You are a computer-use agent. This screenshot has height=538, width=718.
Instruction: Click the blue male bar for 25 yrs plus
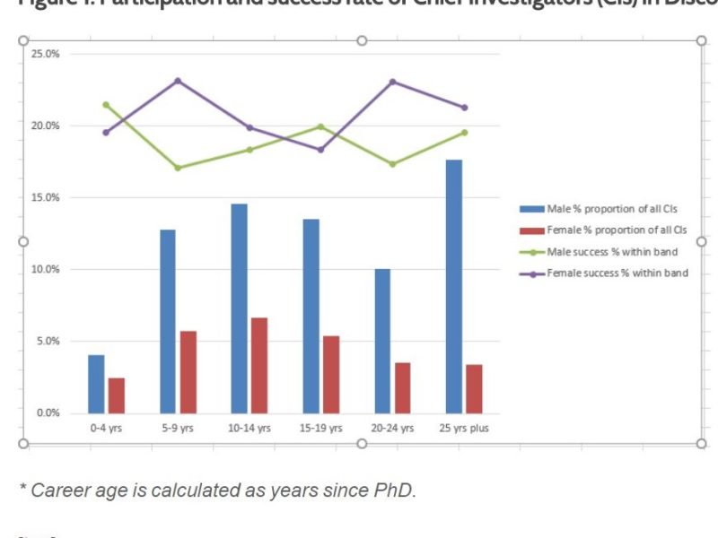click(x=454, y=286)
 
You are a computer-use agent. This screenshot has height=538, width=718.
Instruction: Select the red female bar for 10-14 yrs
click(x=259, y=365)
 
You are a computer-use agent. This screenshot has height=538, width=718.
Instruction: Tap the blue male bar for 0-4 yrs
click(x=96, y=384)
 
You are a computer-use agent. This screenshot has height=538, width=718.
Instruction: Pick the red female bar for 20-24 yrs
click(x=403, y=387)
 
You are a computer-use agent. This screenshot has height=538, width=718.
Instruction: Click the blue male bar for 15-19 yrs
click(x=311, y=316)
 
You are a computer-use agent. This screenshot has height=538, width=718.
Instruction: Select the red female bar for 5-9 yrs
click(x=188, y=371)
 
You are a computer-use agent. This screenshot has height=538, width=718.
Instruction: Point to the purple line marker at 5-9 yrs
click(x=178, y=81)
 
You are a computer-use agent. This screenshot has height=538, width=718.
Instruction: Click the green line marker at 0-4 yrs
click(x=106, y=104)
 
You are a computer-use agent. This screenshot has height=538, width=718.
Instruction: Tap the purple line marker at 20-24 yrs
click(x=392, y=82)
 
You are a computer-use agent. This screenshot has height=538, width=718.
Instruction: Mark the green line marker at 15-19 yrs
click(x=320, y=126)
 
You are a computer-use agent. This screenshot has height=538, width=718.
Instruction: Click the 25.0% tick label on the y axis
click(x=45, y=54)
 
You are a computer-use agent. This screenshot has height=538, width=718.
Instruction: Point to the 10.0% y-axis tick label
click(x=45, y=269)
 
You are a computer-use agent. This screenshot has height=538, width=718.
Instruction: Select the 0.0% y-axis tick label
click(x=47, y=413)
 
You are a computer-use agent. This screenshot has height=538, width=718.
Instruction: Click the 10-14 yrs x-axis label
click(x=250, y=429)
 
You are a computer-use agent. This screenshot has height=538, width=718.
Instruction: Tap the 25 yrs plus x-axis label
click(x=464, y=429)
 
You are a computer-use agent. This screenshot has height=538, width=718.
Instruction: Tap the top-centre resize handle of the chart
click(x=362, y=41)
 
